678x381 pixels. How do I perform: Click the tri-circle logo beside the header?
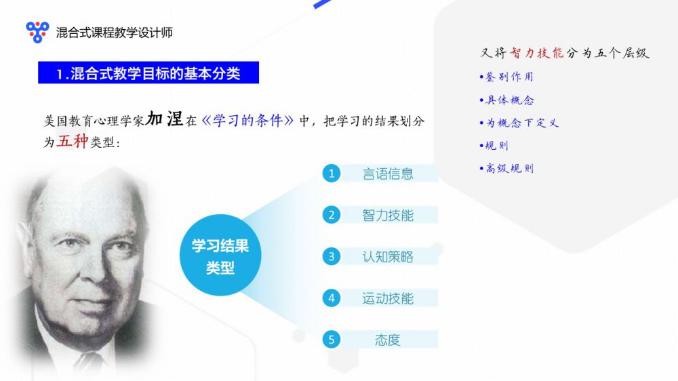click(x=37, y=32)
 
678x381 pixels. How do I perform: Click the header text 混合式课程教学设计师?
click(x=115, y=33)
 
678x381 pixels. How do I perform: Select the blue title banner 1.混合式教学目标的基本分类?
click(x=148, y=73)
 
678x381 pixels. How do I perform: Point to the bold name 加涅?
click(x=164, y=119)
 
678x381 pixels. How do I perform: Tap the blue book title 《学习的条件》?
click(x=247, y=120)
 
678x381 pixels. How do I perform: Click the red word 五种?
click(x=73, y=141)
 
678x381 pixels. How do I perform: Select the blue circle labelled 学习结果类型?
click(x=220, y=255)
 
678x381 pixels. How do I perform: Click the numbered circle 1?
click(x=332, y=174)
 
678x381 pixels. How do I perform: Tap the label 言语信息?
click(x=388, y=174)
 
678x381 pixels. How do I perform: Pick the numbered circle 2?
click(x=332, y=215)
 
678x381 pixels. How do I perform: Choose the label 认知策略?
click(x=388, y=257)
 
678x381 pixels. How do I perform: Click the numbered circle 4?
click(x=332, y=298)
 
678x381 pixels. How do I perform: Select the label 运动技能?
click(x=388, y=298)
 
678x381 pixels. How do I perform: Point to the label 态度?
click(x=388, y=340)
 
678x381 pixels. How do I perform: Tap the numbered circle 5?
click(x=332, y=340)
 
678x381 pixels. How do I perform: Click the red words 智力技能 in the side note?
click(x=536, y=53)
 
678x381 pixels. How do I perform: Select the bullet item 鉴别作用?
click(x=506, y=77)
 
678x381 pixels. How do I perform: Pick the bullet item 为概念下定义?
click(x=519, y=123)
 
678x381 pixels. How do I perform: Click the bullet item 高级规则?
click(x=506, y=168)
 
